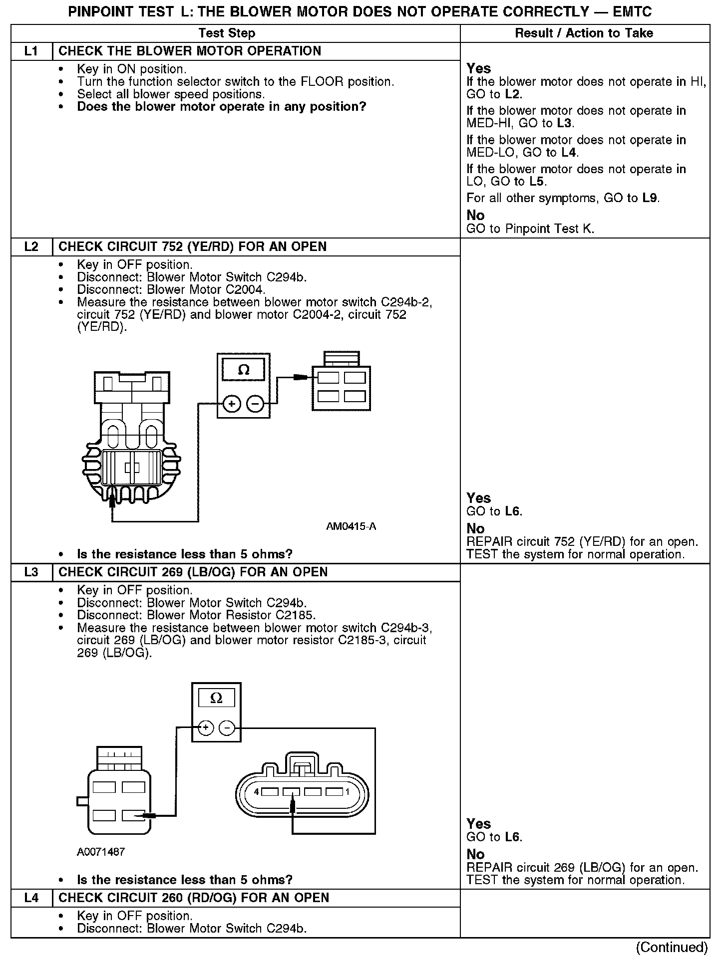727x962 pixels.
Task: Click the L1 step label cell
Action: coord(31,51)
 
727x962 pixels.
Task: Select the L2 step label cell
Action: coord(31,247)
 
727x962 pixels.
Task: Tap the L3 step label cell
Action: coord(31,572)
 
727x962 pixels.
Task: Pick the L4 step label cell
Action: coord(31,898)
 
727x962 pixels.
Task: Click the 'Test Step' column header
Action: coord(227,33)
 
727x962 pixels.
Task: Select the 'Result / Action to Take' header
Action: coord(584,33)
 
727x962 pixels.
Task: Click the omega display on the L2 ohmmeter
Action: coord(244,370)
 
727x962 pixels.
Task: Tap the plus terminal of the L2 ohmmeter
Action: coord(232,404)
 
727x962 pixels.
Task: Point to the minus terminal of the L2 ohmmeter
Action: coord(256,404)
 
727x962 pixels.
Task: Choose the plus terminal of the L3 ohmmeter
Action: coord(205,728)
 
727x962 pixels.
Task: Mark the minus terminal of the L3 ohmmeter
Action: coord(227,728)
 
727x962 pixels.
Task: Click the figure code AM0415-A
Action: coord(351,526)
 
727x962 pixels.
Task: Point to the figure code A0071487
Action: coord(101,852)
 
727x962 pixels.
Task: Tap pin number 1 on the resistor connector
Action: coord(348,792)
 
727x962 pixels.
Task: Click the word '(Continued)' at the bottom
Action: coord(672,947)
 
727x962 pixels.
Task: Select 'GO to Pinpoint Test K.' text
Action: coord(530,229)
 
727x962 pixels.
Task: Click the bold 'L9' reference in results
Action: coord(650,198)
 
